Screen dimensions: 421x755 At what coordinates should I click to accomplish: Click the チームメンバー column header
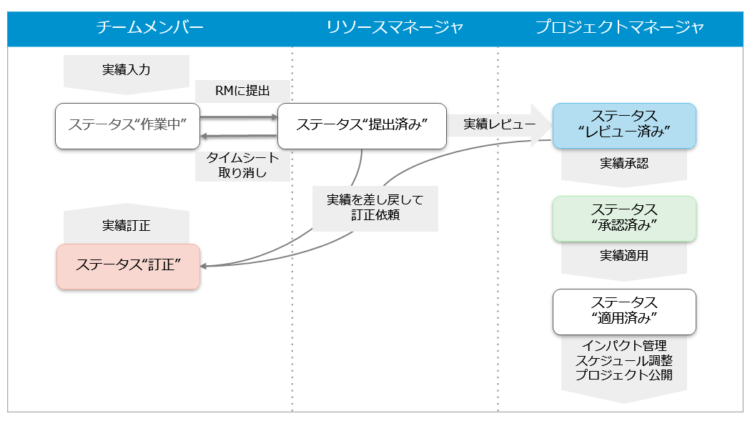pos(150,28)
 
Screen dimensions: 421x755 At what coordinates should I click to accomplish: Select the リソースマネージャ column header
pos(395,28)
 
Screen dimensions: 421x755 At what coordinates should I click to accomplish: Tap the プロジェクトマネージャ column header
pos(620,28)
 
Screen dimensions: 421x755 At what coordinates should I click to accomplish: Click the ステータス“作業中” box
pos(127,125)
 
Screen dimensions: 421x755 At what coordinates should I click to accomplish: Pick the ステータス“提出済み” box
pos(361,125)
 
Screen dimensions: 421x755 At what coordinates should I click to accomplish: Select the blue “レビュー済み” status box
pos(623,124)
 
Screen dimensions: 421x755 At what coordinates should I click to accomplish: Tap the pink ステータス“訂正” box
pos(127,265)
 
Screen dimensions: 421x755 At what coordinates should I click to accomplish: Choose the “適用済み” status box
pos(623,310)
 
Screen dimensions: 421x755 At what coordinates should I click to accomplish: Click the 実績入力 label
pos(127,70)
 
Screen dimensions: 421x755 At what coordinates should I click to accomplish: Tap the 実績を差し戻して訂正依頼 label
pos(375,208)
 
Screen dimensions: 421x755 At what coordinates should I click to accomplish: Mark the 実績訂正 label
pos(127,226)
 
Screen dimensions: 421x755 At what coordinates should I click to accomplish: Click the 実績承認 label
pos(623,163)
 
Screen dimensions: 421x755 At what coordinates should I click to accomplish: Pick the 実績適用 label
pos(623,255)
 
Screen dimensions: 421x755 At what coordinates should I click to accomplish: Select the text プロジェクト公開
pos(623,375)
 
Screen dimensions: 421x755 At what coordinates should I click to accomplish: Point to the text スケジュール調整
pos(623,361)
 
